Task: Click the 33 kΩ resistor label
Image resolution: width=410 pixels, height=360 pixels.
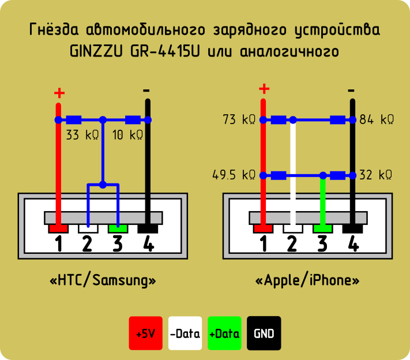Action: point(82,135)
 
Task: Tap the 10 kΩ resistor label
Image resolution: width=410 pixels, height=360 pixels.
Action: point(127,135)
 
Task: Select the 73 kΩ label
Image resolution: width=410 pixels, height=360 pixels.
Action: point(239,119)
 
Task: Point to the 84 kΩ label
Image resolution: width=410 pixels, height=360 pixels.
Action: point(377,119)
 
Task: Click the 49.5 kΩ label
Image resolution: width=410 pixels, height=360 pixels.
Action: point(234,175)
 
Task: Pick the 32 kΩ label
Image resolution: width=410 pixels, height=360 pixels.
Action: point(376,175)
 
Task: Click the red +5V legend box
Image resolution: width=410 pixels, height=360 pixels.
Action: point(146,333)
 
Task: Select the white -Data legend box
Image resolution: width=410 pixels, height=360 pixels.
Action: point(185,333)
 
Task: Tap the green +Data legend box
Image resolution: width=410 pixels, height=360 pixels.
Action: point(224,333)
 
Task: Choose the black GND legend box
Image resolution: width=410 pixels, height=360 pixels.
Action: point(264,333)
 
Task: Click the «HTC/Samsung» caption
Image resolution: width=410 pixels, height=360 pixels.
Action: point(103,280)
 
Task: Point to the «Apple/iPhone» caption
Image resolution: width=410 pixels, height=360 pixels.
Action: point(307,280)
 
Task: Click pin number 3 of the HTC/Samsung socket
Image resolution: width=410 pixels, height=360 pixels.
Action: point(118,243)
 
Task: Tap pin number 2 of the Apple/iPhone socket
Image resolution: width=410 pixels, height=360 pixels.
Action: point(292,243)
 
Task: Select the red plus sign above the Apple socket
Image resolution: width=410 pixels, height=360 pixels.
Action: point(264,89)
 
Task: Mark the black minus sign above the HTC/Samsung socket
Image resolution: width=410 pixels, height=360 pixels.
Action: point(146,91)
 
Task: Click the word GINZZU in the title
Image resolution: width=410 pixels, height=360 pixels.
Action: point(96,51)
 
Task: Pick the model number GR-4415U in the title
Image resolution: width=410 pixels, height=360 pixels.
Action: point(165,51)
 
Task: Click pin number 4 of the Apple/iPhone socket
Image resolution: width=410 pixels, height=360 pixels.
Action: point(353,243)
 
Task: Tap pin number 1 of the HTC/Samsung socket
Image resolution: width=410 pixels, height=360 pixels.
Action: point(59,243)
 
